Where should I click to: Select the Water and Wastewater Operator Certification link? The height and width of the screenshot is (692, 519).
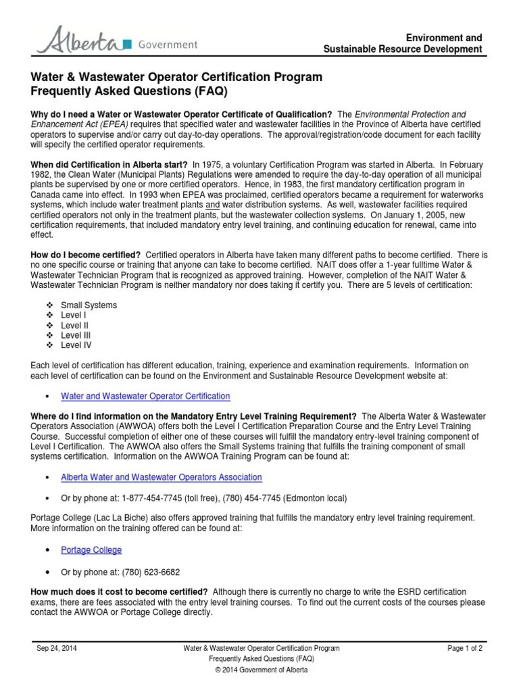(145, 396)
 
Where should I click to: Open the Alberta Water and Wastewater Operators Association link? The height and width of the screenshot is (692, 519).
(162, 477)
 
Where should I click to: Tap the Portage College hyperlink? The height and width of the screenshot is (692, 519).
(91, 550)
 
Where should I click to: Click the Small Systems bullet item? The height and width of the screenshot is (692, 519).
(89, 305)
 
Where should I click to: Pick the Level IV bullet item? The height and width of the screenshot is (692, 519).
(76, 345)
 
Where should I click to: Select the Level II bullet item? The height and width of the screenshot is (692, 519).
(74, 325)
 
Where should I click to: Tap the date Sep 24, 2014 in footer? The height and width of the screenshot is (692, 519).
(58, 648)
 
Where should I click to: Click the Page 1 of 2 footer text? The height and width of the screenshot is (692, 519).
(465, 648)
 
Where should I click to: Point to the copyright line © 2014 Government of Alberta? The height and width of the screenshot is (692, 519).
(260, 670)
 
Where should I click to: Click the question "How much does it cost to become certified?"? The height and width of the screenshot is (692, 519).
(119, 591)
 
